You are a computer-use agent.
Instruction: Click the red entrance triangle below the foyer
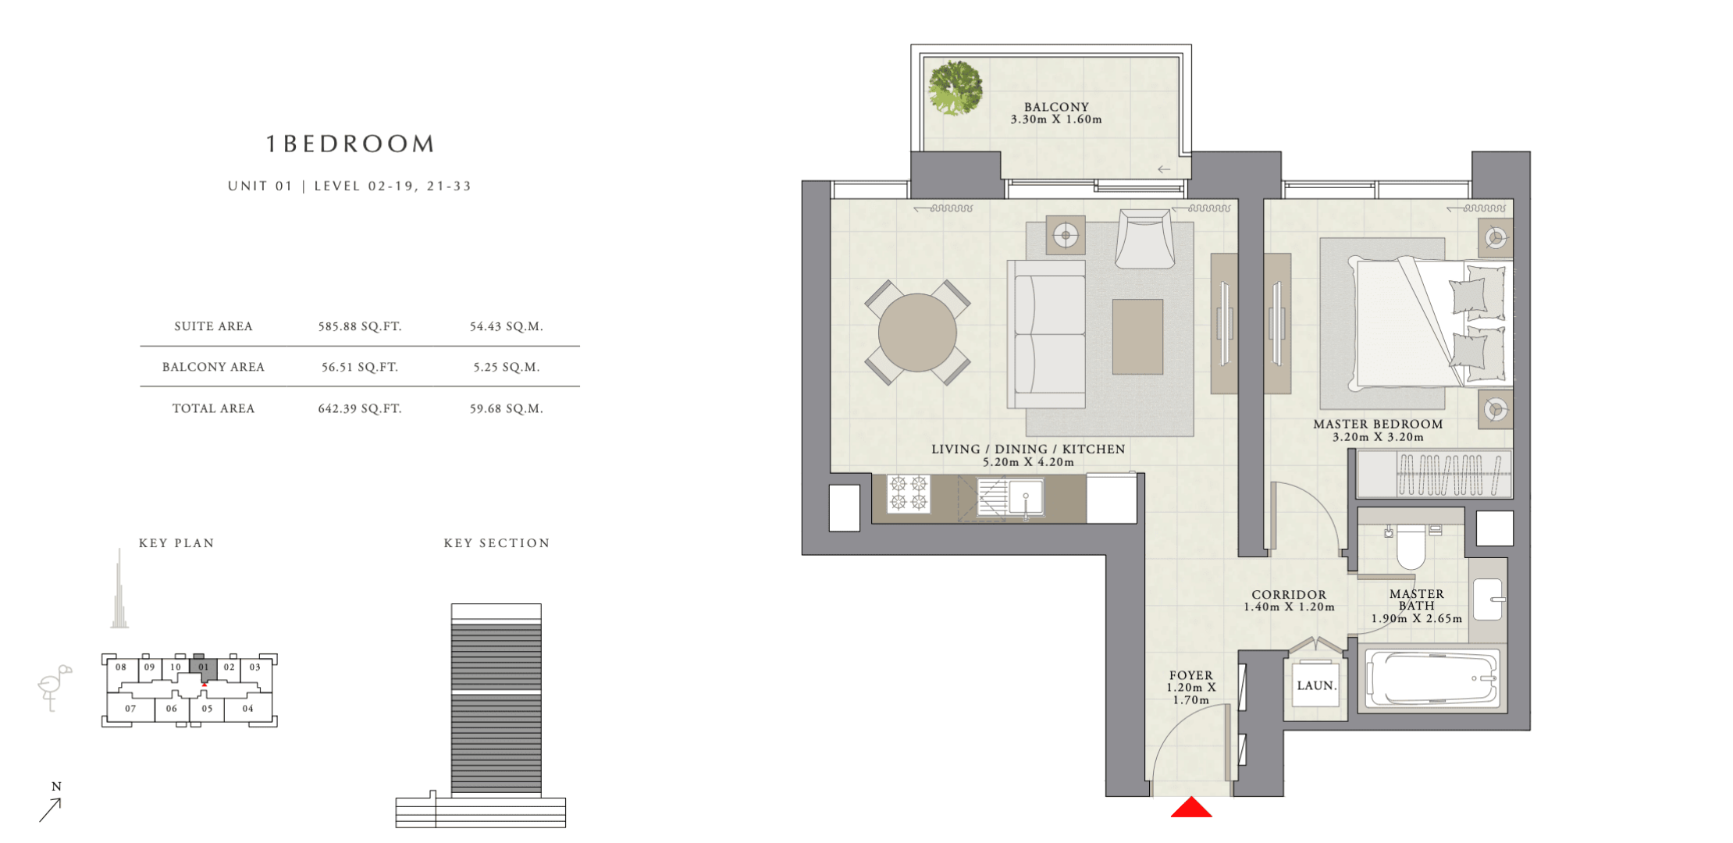coord(1191,808)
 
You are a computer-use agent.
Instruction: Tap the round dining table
coord(917,333)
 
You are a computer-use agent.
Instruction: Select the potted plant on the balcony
coord(955,88)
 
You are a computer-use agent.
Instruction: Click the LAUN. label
coord(1317,685)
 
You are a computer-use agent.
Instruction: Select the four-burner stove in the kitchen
coord(909,493)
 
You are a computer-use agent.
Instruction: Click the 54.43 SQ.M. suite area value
coord(506,326)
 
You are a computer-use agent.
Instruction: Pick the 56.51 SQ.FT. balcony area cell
coord(360,367)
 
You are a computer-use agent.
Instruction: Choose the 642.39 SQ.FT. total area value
coord(360,408)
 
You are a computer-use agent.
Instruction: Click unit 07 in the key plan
coord(130,709)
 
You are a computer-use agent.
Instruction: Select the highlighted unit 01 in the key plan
coord(204,667)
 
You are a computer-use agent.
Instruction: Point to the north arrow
coord(50,810)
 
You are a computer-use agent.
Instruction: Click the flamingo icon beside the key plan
coord(54,687)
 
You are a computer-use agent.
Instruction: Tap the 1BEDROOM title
coord(351,144)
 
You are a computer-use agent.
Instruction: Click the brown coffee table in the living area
coord(1137,336)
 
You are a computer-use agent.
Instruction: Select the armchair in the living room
coord(1144,238)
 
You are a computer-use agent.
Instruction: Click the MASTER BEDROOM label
coord(1378,424)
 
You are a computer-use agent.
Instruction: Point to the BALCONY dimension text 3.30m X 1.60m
coord(1056,119)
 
